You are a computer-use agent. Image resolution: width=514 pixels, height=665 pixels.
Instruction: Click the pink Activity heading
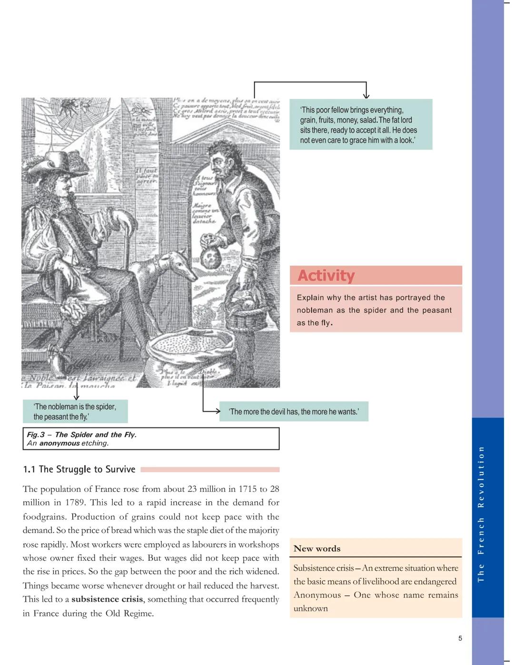click(x=326, y=276)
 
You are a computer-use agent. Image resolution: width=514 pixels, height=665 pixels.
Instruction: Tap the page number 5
click(x=460, y=638)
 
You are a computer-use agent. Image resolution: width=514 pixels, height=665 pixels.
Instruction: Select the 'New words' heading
click(x=317, y=548)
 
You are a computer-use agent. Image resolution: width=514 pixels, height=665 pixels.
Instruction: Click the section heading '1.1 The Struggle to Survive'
click(x=79, y=469)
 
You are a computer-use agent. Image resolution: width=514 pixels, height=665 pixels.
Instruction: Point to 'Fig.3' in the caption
click(x=36, y=435)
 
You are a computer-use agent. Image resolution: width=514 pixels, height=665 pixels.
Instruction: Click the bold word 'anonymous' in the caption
click(x=59, y=443)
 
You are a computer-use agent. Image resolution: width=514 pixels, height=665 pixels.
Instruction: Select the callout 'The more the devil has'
click(x=294, y=412)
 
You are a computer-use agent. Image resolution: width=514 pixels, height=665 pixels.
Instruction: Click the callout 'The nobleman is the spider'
click(x=75, y=411)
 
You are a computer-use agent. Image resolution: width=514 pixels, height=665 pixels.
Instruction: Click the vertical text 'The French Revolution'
click(x=481, y=514)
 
